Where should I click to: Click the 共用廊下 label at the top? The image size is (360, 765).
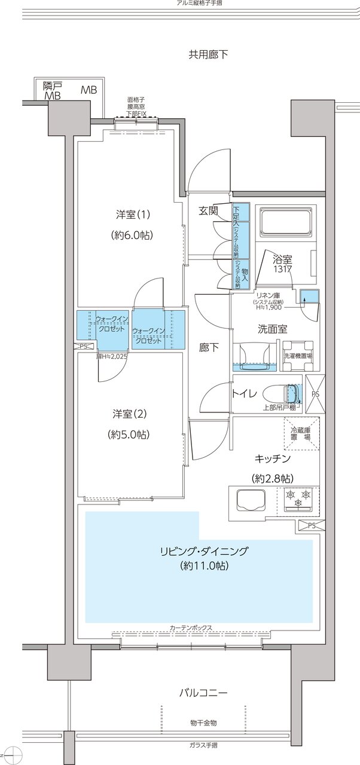tap(208, 55)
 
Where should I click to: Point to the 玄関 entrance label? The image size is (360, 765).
tap(208, 210)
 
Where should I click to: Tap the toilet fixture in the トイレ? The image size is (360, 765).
tap(286, 393)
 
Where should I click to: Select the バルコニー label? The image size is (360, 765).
tap(203, 693)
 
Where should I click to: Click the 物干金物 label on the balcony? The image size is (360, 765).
tap(203, 723)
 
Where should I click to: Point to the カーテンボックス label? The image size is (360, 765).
tap(191, 628)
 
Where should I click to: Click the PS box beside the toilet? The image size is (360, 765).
tap(315, 395)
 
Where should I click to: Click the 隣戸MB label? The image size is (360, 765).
tap(53, 90)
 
